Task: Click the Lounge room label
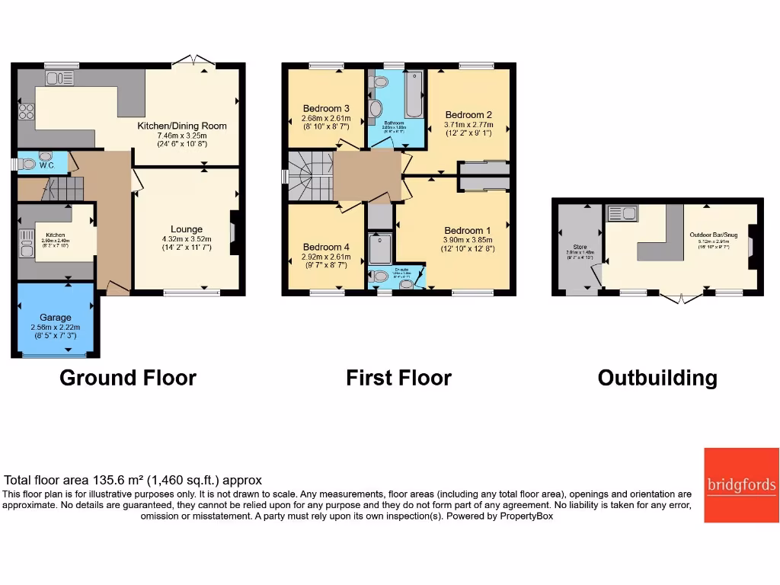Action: click(x=187, y=229)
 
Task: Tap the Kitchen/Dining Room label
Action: click(x=181, y=126)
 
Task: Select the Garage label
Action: click(x=56, y=317)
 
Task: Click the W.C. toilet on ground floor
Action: click(x=28, y=162)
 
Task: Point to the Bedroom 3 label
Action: click(x=326, y=108)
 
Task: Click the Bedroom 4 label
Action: click(x=326, y=247)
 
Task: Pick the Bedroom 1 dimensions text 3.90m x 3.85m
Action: click(x=468, y=239)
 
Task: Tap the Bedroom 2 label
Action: click(x=468, y=115)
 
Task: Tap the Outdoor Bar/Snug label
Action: click(x=713, y=235)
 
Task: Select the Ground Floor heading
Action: click(x=128, y=378)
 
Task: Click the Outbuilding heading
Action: click(x=657, y=378)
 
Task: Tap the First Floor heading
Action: click(x=398, y=378)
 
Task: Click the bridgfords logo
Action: click(x=740, y=485)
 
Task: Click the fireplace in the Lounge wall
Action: click(x=235, y=229)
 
